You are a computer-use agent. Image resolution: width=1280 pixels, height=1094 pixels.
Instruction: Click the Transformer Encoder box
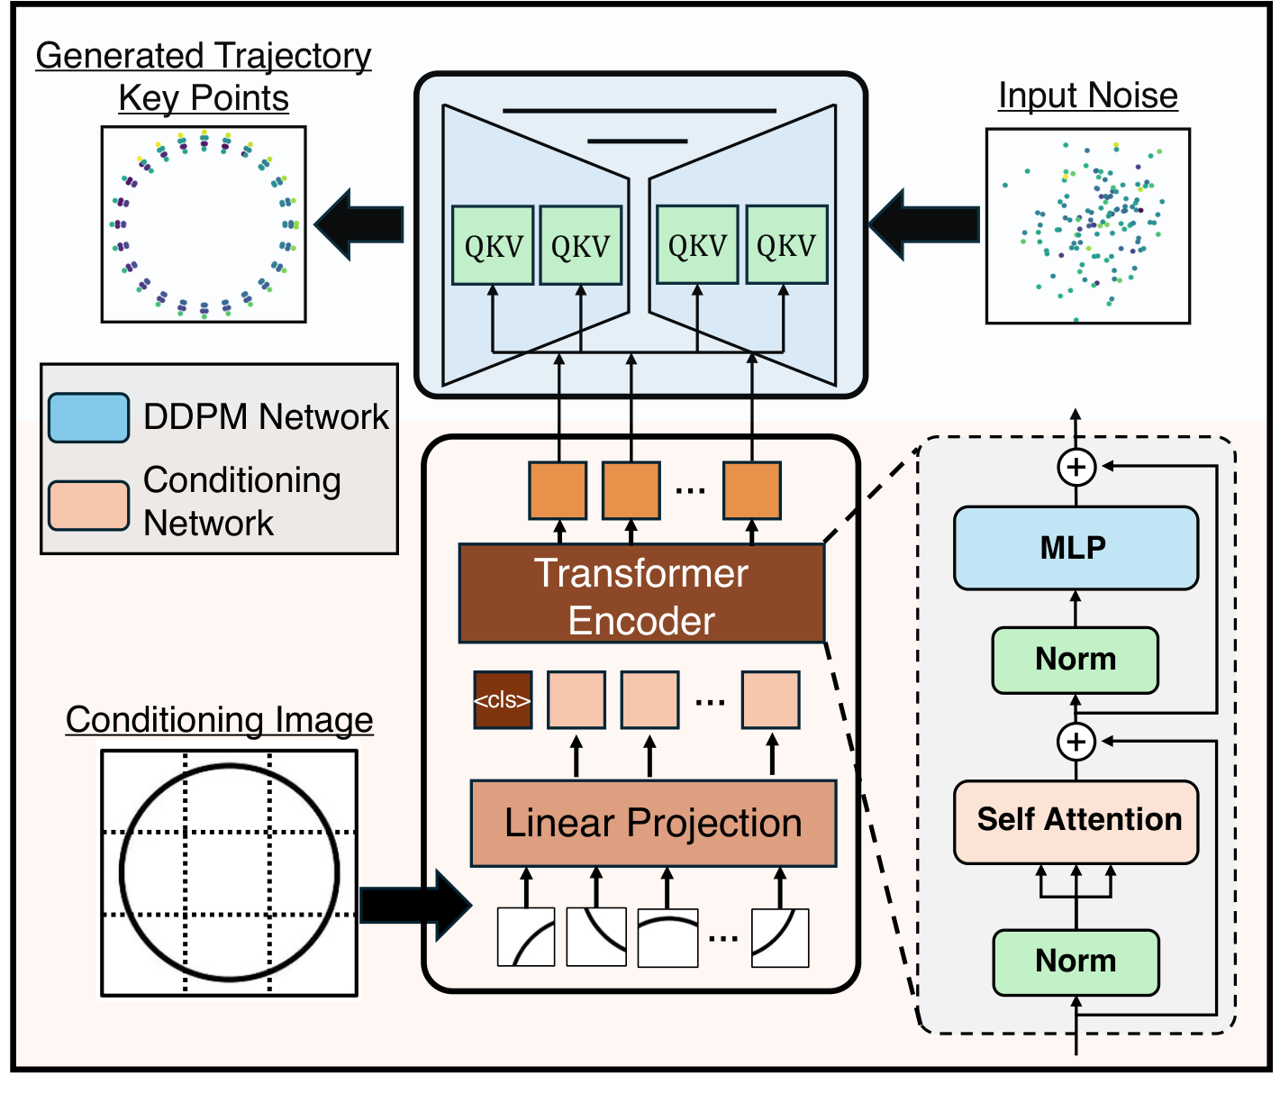[641, 594]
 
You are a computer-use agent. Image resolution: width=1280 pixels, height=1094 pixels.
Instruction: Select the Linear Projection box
[653, 824]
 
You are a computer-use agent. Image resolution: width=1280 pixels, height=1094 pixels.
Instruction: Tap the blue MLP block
[1076, 548]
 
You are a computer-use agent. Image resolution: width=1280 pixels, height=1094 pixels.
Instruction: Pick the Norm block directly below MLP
[1076, 660]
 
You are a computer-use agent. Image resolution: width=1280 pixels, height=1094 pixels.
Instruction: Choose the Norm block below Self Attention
[1076, 962]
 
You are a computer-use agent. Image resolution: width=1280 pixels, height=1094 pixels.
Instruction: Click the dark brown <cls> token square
[503, 700]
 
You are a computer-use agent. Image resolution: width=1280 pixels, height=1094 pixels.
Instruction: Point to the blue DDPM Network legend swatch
[88, 417]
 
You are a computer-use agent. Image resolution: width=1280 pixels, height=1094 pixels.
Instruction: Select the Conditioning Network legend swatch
[88, 504]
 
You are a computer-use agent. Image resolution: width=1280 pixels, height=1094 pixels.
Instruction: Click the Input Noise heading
[1087, 96]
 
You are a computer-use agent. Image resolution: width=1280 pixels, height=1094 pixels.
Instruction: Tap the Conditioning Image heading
[219, 720]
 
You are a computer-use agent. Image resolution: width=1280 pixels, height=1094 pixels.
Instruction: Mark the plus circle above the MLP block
[1076, 467]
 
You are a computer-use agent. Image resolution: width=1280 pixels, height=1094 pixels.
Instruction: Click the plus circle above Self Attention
[1076, 742]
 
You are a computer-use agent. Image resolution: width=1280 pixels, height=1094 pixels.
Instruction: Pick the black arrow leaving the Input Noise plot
[924, 224]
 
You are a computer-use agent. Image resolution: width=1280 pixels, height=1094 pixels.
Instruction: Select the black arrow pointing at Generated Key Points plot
[359, 224]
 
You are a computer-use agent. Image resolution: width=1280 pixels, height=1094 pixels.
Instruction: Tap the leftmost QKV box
[493, 246]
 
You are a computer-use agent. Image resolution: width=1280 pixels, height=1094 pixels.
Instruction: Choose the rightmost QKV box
[786, 246]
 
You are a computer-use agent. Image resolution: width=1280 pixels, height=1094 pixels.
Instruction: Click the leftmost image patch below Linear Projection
[526, 938]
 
